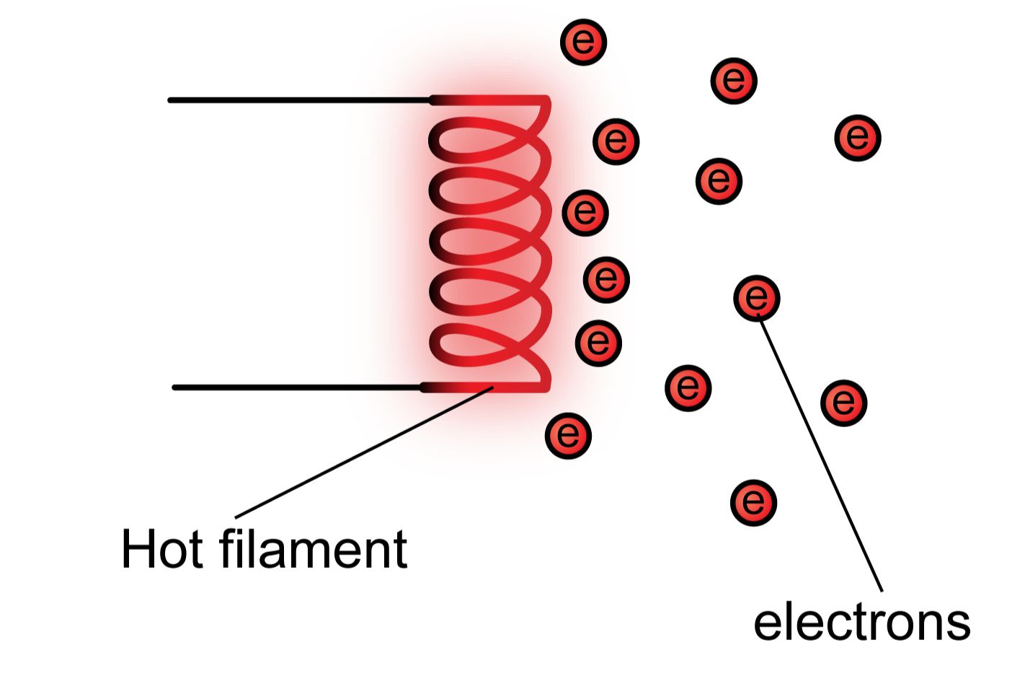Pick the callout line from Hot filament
pyautogui.click(x=360, y=455)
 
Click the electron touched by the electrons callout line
pyautogui.click(x=757, y=297)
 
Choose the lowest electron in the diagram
pyautogui.click(x=754, y=502)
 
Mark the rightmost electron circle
pyautogui.click(x=858, y=137)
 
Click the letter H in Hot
pyautogui.click(x=137, y=550)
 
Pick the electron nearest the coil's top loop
pyautogui.click(x=616, y=141)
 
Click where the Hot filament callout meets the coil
pyautogui.click(x=492, y=388)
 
